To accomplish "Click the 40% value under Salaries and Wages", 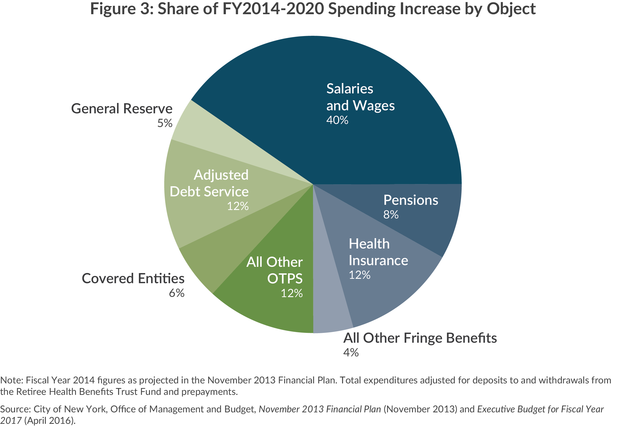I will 337,120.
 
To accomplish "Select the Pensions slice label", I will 411,200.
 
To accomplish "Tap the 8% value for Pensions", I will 391,215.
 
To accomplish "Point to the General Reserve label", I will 122,109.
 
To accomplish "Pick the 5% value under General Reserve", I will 165,123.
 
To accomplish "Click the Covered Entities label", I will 133,279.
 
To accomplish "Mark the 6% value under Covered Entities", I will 176,293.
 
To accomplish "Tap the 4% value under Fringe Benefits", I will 351,353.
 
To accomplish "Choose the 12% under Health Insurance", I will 359,275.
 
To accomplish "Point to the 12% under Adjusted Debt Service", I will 238,206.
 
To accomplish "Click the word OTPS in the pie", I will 285,279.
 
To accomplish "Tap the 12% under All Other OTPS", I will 291,293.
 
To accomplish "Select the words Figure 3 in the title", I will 122,9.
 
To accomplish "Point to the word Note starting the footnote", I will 11,380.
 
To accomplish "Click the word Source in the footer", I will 15,409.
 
